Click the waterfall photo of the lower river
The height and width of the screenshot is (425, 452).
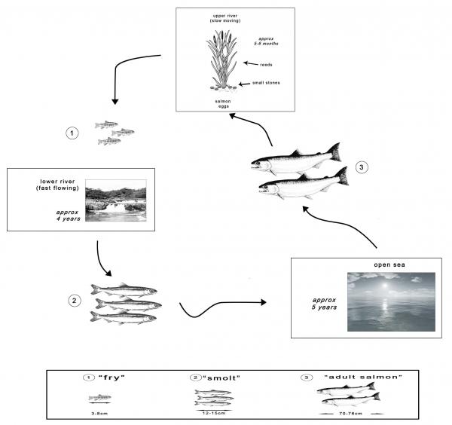click(x=116, y=200)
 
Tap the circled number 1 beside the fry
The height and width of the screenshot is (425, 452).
click(x=72, y=133)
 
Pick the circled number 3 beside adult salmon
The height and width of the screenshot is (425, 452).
click(x=362, y=168)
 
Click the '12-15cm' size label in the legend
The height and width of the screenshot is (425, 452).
click(x=218, y=412)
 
